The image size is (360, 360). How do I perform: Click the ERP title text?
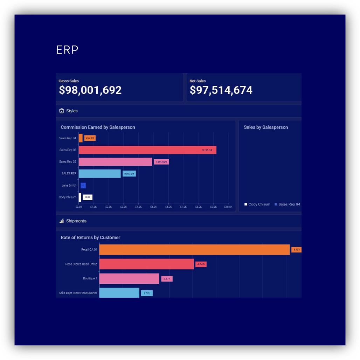pos(67,50)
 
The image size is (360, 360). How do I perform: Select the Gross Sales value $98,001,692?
pos(90,90)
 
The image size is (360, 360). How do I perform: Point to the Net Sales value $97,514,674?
pos(221,90)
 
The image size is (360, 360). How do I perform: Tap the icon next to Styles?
pos(62,111)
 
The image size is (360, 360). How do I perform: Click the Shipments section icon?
pos(62,221)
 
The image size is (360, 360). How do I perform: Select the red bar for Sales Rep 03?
pos(147,150)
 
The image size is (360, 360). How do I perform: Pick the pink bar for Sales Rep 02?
pos(115,162)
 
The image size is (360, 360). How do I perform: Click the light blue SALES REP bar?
pos(99,173)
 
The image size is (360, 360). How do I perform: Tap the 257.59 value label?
pos(90,138)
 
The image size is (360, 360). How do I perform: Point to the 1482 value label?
pos(88,197)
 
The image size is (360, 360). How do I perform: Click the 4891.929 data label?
pos(161,162)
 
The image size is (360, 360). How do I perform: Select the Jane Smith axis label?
pos(69,185)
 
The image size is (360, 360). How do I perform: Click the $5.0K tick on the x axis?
pos(153,207)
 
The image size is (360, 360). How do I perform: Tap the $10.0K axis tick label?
pos(228,207)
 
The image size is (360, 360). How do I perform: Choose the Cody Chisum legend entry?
pos(257,204)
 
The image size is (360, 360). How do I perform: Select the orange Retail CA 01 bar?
pos(194,250)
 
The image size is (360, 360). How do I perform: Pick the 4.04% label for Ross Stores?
pos(201,264)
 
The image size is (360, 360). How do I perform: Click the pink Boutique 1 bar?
pos(129,278)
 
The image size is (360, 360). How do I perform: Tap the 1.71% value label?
pos(147,293)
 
